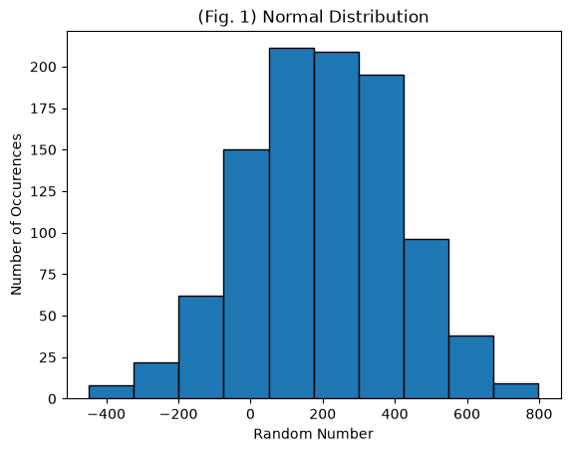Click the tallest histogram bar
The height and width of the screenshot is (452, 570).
[x=292, y=223]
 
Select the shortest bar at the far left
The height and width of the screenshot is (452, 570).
[x=112, y=392]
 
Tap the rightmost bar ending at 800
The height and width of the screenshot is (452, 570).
[x=516, y=391]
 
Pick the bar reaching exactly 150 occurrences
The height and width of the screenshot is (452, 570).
[x=246, y=274]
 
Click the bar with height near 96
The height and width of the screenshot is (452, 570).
[x=427, y=319]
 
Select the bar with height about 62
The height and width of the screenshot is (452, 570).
[x=201, y=347]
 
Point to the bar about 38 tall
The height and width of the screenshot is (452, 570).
[x=471, y=367]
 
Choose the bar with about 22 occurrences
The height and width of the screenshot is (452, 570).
[x=155, y=380]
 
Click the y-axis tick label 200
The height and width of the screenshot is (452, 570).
[x=43, y=67]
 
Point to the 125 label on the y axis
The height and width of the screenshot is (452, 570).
[x=43, y=192]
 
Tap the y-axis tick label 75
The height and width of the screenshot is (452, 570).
[x=48, y=275]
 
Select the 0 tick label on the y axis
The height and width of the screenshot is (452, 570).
[x=53, y=399]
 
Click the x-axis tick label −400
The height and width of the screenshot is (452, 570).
[x=107, y=414]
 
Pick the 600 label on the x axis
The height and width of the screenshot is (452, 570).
[x=466, y=414]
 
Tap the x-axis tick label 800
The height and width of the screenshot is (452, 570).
[x=539, y=414]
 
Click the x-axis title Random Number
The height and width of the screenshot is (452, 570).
[x=313, y=434]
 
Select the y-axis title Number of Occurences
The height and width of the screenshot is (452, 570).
[x=16, y=215]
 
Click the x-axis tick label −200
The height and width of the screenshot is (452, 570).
[x=178, y=414]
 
